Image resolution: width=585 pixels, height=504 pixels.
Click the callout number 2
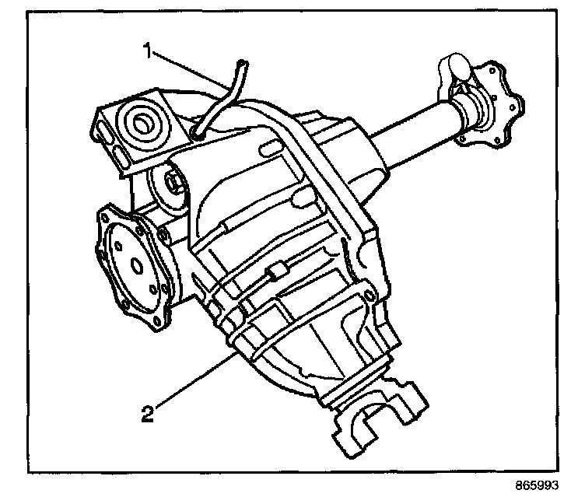coord(148,414)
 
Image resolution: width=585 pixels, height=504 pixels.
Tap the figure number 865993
coord(537,485)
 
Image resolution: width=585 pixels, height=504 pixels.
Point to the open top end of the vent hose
coord(242,63)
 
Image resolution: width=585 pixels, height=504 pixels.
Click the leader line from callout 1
coord(191,71)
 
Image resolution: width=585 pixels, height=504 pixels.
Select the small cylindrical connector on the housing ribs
coord(275,271)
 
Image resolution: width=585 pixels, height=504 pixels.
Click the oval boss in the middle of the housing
coord(302,197)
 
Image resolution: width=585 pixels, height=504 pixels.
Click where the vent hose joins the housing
coord(197,134)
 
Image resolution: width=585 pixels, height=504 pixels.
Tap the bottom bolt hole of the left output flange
coord(157,320)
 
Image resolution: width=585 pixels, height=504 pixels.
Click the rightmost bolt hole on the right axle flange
coord(512,108)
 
